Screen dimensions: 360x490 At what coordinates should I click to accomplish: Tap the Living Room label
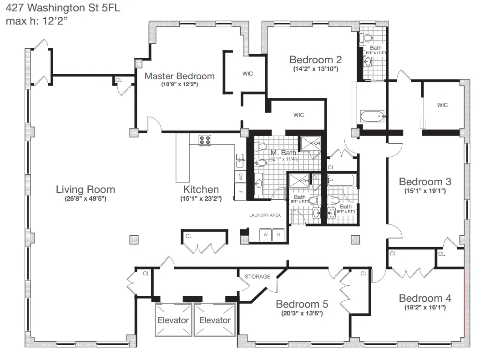tap(86, 189)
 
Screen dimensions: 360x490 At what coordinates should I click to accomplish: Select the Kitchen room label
tap(201, 189)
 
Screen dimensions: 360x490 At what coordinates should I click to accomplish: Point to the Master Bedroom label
tap(179, 76)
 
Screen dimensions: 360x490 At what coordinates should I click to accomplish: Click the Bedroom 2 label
tap(315, 60)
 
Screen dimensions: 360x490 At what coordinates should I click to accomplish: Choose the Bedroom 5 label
tap(302, 304)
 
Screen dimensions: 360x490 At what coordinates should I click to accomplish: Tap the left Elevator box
tap(173, 320)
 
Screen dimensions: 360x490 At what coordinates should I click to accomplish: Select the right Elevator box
tap(215, 320)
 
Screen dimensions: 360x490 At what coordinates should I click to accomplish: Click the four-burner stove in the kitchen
tap(204, 140)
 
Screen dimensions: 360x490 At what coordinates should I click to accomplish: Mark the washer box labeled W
tap(265, 235)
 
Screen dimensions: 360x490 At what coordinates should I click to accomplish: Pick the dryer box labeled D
tap(278, 235)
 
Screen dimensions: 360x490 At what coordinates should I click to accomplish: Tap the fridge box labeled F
tap(240, 192)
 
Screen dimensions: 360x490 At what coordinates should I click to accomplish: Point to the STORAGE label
tap(258, 276)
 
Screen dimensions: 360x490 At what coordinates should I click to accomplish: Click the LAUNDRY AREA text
tap(265, 215)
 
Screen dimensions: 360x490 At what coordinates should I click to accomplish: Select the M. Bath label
tap(283, 152)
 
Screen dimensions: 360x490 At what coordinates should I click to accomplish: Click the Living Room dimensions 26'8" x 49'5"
tap(86, 199)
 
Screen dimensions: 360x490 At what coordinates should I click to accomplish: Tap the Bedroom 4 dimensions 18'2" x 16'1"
tap(425, 308)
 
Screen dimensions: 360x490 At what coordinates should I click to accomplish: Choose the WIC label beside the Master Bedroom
tap(248, 74)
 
